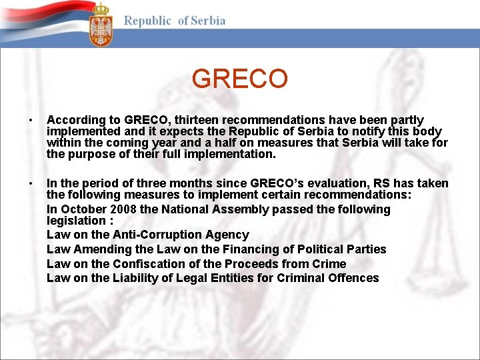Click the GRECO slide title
[x=239, y=79]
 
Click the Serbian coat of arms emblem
[x=101, y=25]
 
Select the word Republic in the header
[x=147, y=21]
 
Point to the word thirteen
[x=197, y=121]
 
